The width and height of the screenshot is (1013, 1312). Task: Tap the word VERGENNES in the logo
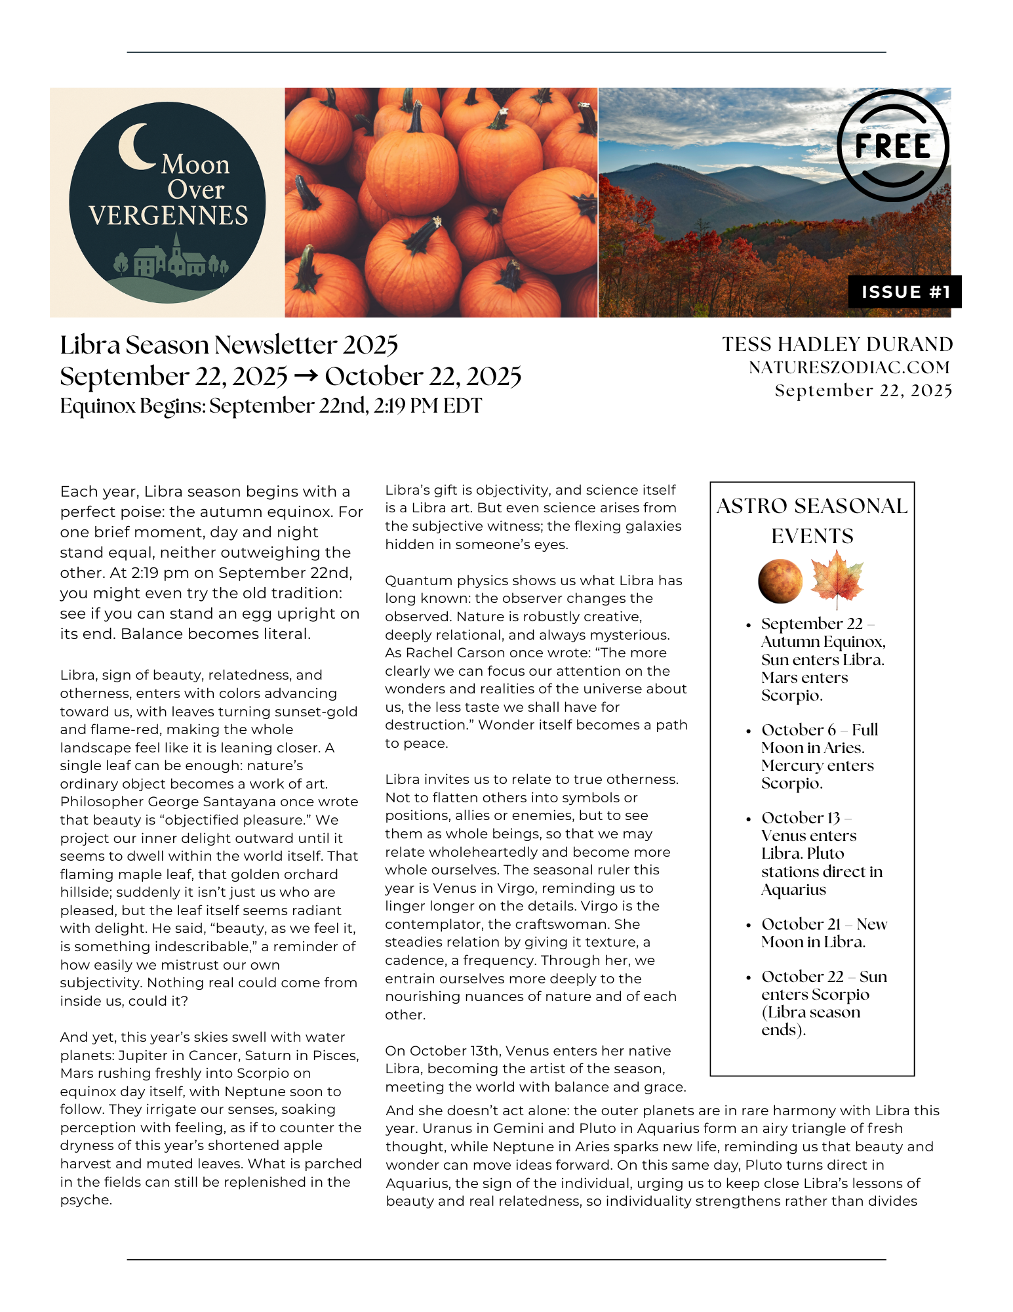[169, 216]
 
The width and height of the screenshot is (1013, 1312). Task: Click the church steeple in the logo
[176, 245]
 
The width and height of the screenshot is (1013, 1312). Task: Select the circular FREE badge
[892, 146]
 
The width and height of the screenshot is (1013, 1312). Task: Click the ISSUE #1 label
[905, 292]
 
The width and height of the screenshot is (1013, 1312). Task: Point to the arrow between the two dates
[306, 376]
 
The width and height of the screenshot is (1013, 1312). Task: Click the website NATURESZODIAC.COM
[849, 367]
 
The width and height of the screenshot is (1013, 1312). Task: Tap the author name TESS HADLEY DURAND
[837, 344]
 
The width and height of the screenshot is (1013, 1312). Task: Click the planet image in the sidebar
[780, 581]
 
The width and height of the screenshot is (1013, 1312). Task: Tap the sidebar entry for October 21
[824, 933]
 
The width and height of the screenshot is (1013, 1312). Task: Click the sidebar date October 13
[801, 818]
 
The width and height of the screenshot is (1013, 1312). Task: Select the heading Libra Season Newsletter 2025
[229, 345]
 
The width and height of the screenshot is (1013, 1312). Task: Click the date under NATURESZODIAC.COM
[863, 391]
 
